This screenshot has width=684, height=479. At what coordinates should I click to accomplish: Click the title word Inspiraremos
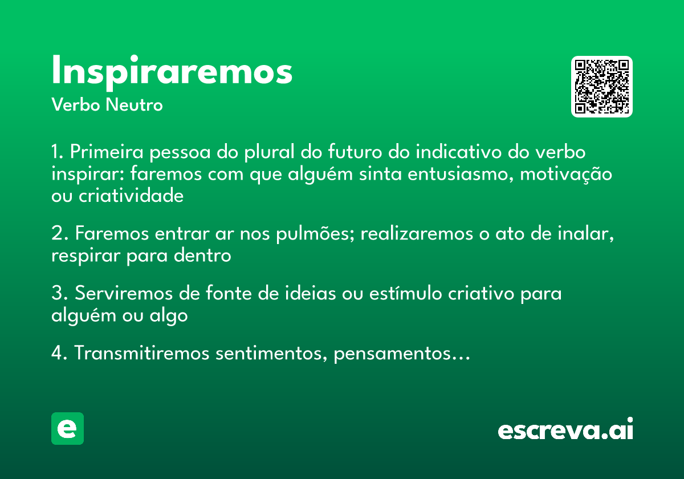click(x=172, y=71)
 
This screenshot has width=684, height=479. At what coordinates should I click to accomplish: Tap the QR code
click(x=602, y=87)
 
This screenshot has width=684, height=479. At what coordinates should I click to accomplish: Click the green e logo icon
click(x=67, y=428)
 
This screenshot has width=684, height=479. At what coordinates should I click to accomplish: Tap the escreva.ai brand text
click(x=565, y=430)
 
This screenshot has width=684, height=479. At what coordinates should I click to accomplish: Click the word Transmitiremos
click(x=142, y=354)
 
